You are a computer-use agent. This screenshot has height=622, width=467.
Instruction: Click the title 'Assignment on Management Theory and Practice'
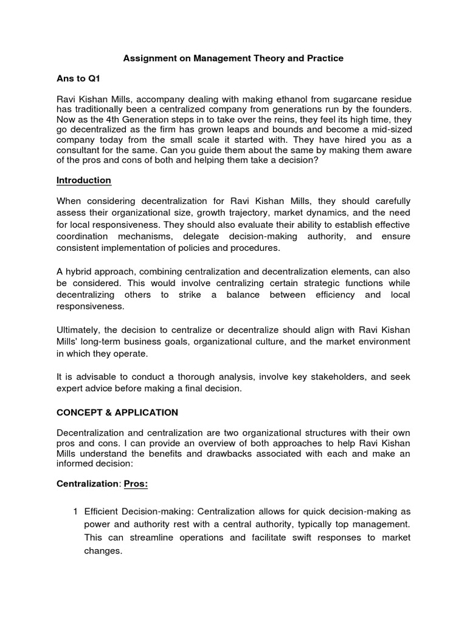233,58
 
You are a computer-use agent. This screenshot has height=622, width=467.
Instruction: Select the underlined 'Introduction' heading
84,180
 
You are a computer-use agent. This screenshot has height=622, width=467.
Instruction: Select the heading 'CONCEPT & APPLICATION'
117,412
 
